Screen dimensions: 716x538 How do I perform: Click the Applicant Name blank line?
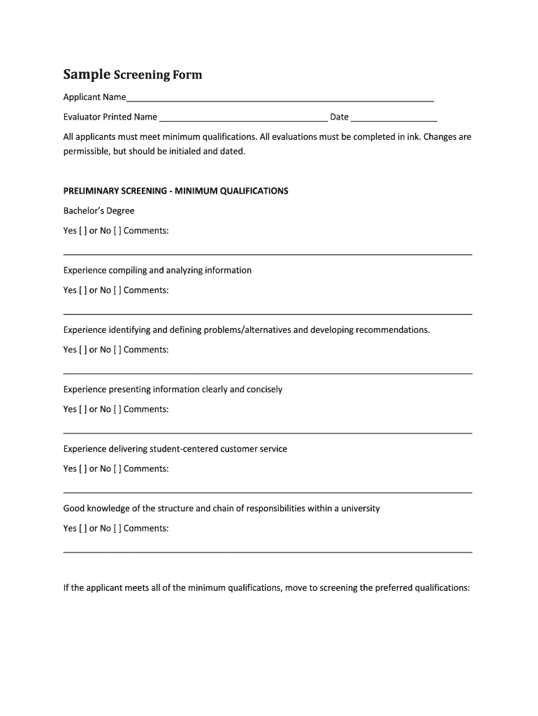(x=280, y=99)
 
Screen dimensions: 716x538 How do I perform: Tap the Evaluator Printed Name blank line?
(x=243, y=118)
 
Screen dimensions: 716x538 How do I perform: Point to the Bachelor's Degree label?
(x=99, y=210)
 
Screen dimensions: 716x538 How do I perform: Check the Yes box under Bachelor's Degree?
(x=83, y=231)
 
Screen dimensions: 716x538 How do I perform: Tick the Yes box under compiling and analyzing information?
(x=83, y=290)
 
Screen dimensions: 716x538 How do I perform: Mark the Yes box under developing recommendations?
(x=83, y=350)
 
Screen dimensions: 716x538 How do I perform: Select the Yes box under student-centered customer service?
(x=83, y=468)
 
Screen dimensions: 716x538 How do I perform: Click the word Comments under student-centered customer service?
(x=146, y=468)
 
